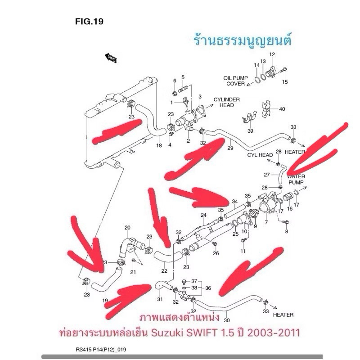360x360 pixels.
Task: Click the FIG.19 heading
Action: coord(89,22)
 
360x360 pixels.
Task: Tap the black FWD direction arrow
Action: coord(111,58)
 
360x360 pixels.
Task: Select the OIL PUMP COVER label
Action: coord(235,81)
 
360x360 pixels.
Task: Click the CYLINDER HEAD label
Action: coord(227,103)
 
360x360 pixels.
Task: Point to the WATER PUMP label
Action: coord(296,180)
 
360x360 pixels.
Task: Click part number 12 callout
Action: coord(272,54)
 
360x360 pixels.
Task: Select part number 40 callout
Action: coord(282,109)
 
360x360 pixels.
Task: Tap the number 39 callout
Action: coord(250,130)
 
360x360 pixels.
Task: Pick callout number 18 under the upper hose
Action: coord(159,145)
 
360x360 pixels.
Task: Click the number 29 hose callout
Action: coord(230,148)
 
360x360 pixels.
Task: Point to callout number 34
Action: coord(234,201)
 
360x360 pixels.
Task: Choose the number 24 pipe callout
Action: coord(203,215)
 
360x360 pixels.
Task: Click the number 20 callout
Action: coord(127,228)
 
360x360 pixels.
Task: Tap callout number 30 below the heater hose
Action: coord(226,320)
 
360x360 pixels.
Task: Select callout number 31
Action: coord(160,299)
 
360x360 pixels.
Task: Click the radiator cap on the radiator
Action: coord(112,98)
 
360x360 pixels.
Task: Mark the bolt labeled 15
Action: coord(284,70)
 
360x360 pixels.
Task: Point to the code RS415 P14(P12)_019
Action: coord(101,350)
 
